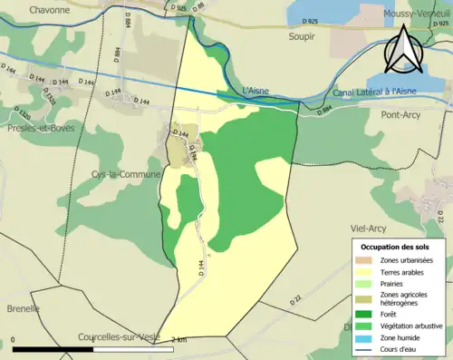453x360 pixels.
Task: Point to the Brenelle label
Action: coord(21,308)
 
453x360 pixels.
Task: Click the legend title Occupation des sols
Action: coord(397,247)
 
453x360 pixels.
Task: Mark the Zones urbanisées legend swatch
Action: coord(367,260)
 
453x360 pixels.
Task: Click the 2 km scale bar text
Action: coord(178,340)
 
